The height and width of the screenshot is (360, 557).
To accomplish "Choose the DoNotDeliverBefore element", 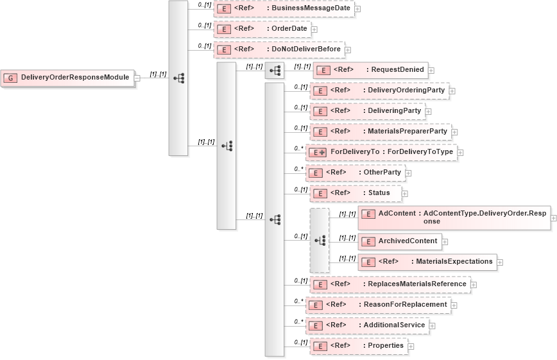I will pos(279,49).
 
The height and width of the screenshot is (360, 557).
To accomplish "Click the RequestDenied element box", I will pos(370,70).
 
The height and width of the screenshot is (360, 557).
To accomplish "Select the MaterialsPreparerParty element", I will pos(380,132).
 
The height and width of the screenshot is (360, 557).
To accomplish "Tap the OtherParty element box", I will pos(355,173).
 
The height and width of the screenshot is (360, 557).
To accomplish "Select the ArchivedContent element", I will pos(399,241).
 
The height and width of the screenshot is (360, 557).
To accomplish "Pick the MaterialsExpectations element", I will pos(427,262).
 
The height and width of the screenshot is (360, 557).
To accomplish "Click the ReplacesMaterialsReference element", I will pos(390,284).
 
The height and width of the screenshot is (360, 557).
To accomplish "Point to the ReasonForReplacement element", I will pos(377,305).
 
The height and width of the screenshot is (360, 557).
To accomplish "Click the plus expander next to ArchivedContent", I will pos(445,242).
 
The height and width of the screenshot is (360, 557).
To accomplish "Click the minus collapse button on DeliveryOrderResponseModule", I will pos(137,78).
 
